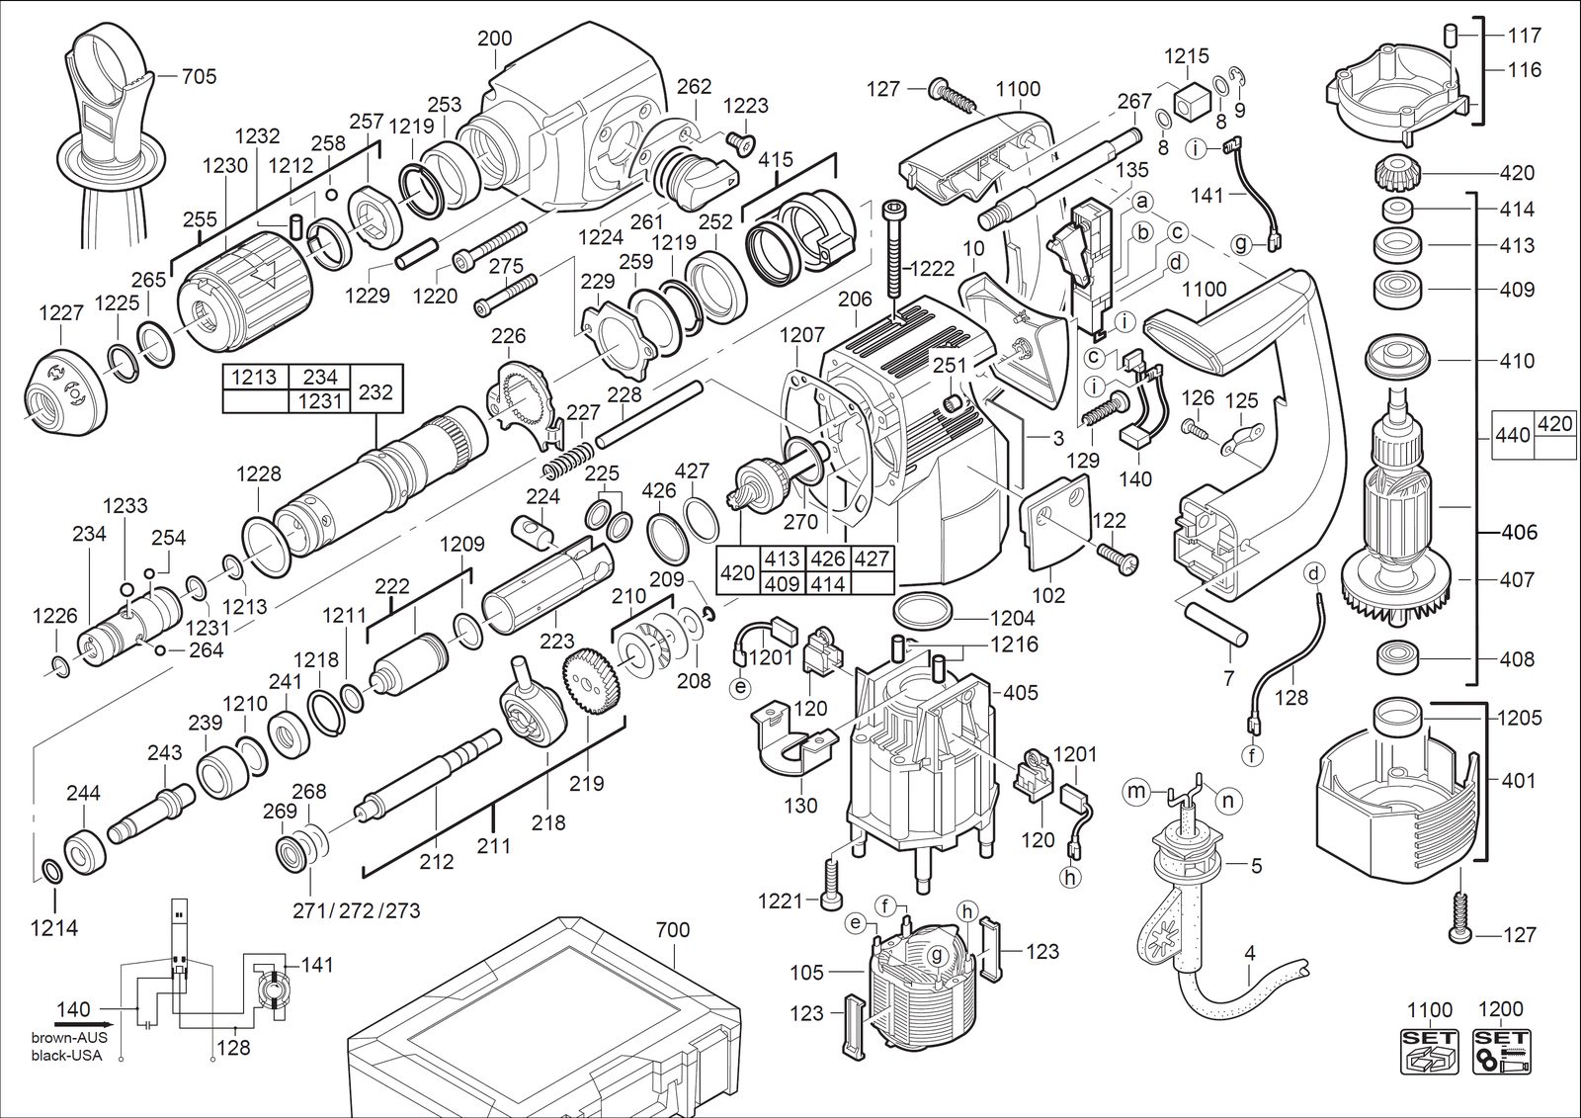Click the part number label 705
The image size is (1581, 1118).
coord(199,75)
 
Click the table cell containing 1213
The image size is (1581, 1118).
coord(254,378)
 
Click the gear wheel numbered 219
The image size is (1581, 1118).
coord(592,683)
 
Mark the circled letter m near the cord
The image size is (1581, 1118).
coord(1135,792)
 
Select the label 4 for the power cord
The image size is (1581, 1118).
coord(1250,953)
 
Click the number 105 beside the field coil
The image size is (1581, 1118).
coord(806,973)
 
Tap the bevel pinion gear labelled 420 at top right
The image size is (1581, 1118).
coord(1397,173)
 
